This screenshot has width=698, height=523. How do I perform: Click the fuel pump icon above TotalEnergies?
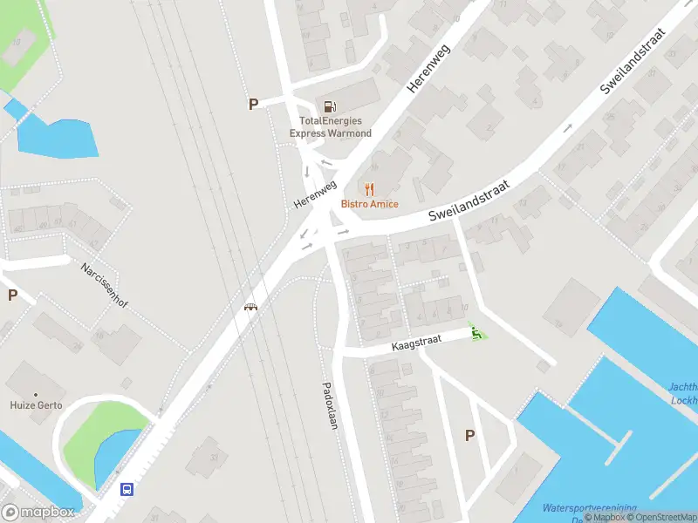pyautogui.click(x=330, y=105)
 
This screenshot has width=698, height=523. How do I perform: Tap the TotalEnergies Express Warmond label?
pyautogui.click(x=331, y=127)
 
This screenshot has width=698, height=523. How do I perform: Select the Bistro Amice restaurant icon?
pyautogui.click(x=370, y=188)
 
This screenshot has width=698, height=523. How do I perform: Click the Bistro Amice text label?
pyautogui.click(x=370, y=204)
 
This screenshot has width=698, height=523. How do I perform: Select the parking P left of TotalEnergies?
pyautogui.click(x=254, y=105)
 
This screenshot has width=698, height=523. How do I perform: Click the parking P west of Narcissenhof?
pyautogui.click(x=12, y=295)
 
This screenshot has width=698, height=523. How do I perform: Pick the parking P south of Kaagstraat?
pyautogui.click(x=470, y=436)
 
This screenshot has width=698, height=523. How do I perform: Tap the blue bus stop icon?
pyautogui.click(x=127, y=489)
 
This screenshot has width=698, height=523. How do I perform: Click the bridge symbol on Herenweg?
pyautogui.click(x=251, y=307)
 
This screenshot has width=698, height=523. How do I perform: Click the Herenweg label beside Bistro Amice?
pyautogui.click(x=315, y=194)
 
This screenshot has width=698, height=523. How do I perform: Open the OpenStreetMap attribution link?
pyautogui.click(x=660, y=518)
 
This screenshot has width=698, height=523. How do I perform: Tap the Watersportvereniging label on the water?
pyautogui.click(x=589, y=507)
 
